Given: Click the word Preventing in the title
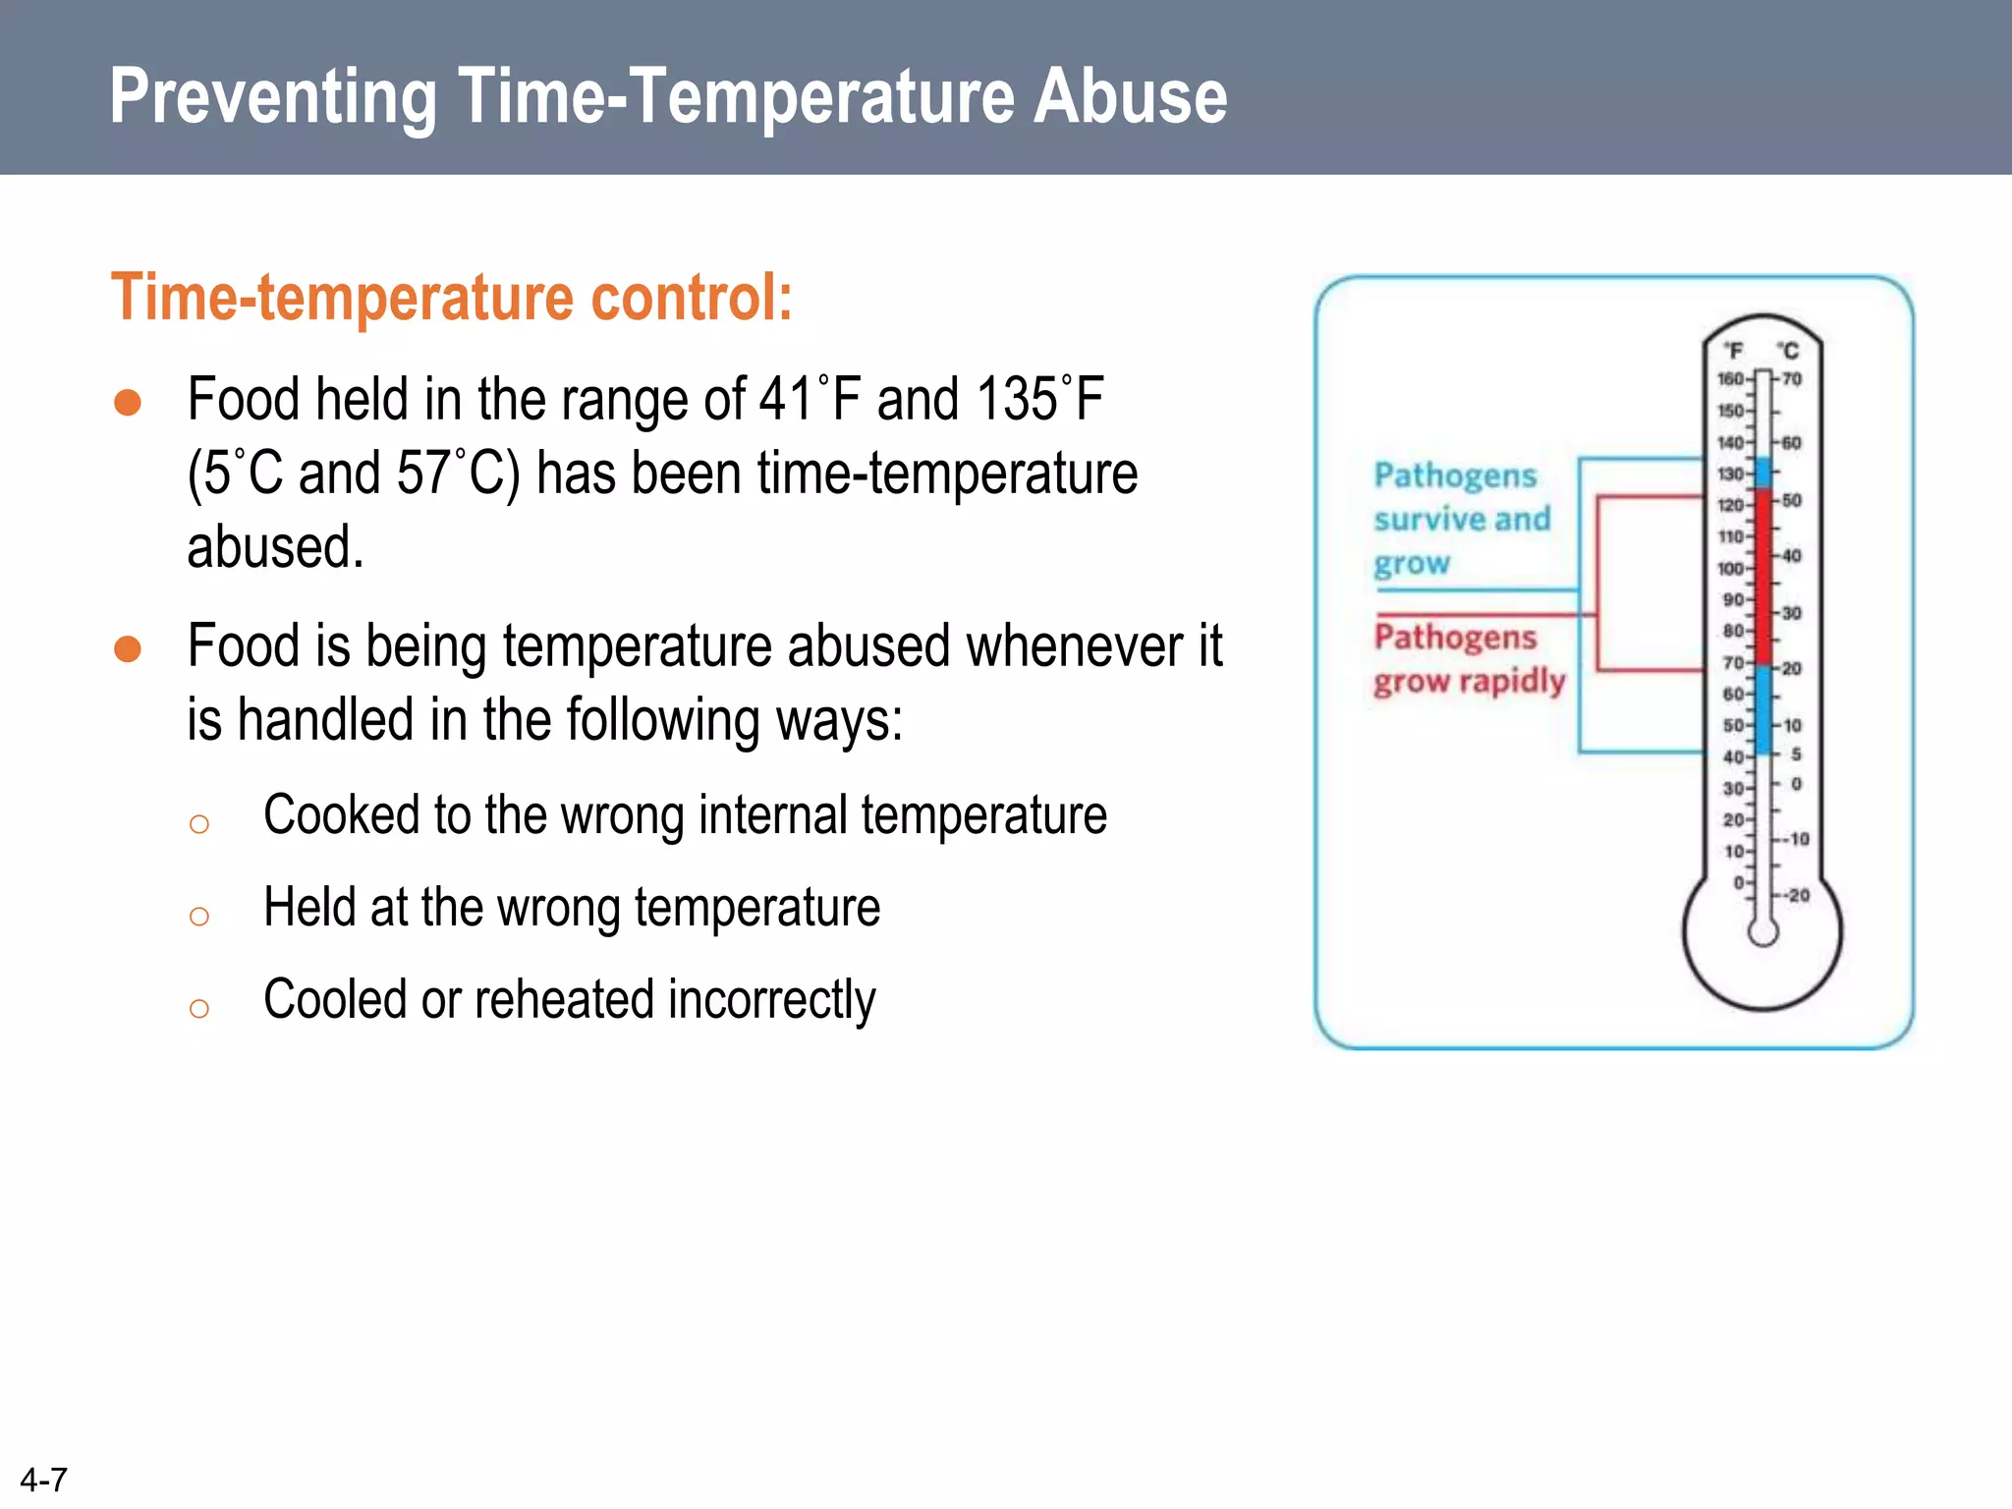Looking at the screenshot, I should tap(273, 98).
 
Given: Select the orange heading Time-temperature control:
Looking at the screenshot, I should tap(451, 297).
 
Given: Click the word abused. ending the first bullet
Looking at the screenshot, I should tap(275, 547).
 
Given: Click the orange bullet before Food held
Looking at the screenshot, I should tap(128, 403).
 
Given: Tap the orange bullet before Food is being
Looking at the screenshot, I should tap(128, 649).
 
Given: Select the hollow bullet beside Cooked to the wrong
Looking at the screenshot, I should tap(199, 823).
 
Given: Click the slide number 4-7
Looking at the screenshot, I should tap(43, 1480).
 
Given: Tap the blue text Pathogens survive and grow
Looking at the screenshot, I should tap(1461, 519).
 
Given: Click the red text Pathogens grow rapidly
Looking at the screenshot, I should tap(1468, 658).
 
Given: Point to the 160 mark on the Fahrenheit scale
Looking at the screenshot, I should tap(1730, 379).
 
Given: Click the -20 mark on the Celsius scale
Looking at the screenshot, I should tap(1797, 895).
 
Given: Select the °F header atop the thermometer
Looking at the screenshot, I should tap(1734, 351).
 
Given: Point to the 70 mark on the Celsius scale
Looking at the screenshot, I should tap(1792, 379).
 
